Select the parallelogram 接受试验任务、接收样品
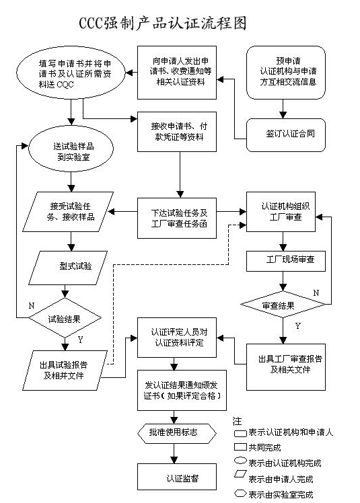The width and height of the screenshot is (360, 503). (x=67, y=211)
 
